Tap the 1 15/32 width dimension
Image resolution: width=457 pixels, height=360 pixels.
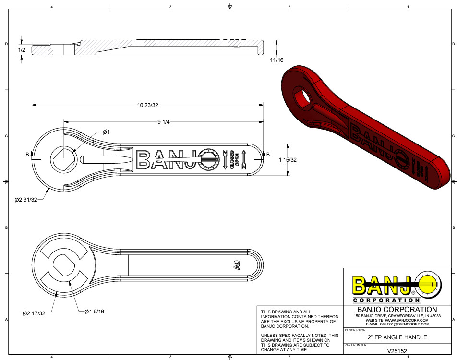288,160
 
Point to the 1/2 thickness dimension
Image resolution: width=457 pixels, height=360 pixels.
22,50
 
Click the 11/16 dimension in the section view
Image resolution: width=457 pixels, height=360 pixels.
277,60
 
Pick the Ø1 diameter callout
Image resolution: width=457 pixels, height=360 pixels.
107,132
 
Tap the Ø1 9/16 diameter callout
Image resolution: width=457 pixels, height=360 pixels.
94,312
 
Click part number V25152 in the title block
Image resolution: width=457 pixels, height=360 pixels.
397,351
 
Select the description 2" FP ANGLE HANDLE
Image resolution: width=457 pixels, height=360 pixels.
397,337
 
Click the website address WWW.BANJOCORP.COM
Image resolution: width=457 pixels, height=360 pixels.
397,320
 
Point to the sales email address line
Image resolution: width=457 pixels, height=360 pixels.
397,324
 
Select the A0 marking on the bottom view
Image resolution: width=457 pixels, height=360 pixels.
237,265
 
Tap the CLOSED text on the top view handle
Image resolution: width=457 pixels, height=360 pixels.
232,159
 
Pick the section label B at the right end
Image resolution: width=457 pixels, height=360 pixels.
268,155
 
